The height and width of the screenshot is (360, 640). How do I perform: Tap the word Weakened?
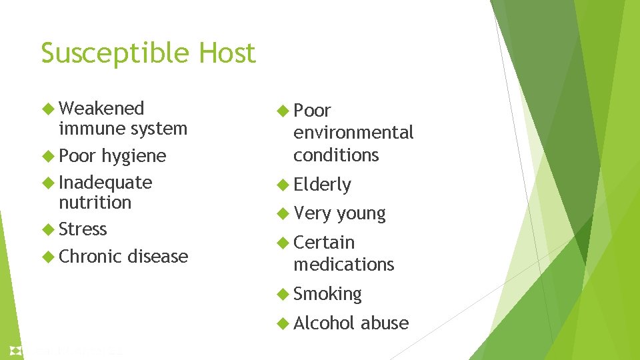point(101,109)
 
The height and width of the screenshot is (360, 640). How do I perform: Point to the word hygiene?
point(133,156)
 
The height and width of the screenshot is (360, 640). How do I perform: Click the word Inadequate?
point(105,183)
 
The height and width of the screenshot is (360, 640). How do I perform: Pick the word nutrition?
point(95,203)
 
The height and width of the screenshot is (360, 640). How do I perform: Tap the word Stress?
point(83,229)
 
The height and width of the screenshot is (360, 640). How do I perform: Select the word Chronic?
point(90,256)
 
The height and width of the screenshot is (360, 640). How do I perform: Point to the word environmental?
point(353,133)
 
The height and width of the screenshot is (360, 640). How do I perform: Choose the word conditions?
point(336,155)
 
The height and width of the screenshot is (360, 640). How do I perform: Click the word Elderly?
point(322,185)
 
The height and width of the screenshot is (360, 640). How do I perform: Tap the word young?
point(361,214)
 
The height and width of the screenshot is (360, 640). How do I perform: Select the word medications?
point(344,265)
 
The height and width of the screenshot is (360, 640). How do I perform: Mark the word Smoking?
point(327,294)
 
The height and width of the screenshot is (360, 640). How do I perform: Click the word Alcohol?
point(324,323)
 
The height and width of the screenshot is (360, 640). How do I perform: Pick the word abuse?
point(385,323)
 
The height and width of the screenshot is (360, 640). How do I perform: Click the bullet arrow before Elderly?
point(283,185)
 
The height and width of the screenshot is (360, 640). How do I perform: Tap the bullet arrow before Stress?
point(49,229)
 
